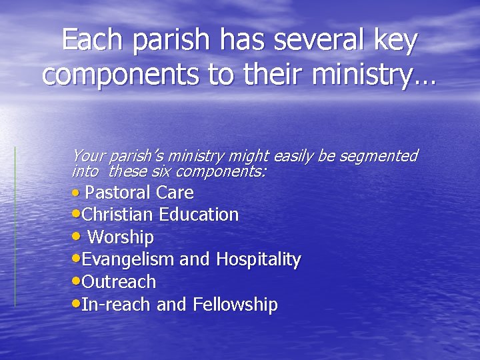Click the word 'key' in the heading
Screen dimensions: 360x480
coord(396,41)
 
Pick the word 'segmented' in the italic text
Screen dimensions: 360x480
coord(378,156)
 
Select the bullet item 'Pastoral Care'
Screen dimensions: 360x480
coord(139,193)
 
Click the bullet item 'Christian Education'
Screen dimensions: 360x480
coord(160,215)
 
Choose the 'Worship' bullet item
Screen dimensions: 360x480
coord(121,237)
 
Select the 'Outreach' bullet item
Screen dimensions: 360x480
coord(119,282)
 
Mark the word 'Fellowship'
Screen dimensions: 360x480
coord(235,305)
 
